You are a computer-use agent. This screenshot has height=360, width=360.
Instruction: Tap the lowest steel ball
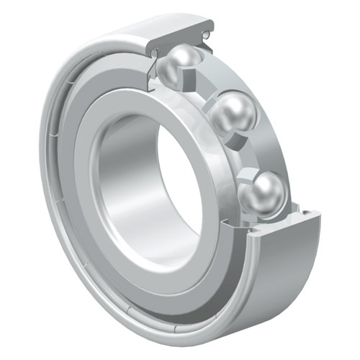266,192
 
